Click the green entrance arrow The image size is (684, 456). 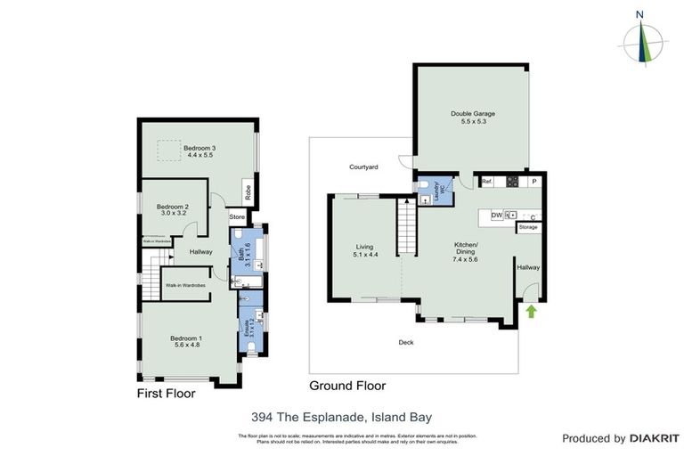[x=531, y=311]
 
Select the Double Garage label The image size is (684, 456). [x=472, y=114]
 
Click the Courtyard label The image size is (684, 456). [x=363, y=167]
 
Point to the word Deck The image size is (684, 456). [x=406, y=341]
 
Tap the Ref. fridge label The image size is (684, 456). [x=487, y=182]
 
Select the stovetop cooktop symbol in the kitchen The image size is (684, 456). [x=512, y=182]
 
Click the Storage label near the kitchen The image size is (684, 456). [x=528, y=227]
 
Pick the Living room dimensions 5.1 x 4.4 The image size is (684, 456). [x=365, y=256]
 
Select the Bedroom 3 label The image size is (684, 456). [x=199, y=148]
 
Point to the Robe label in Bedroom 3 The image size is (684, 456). [x=248, y=191]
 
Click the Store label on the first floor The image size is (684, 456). [x=237, y=216]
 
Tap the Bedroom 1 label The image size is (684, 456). [x=187, y=338]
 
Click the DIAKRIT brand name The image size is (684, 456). [x=655, y=438]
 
